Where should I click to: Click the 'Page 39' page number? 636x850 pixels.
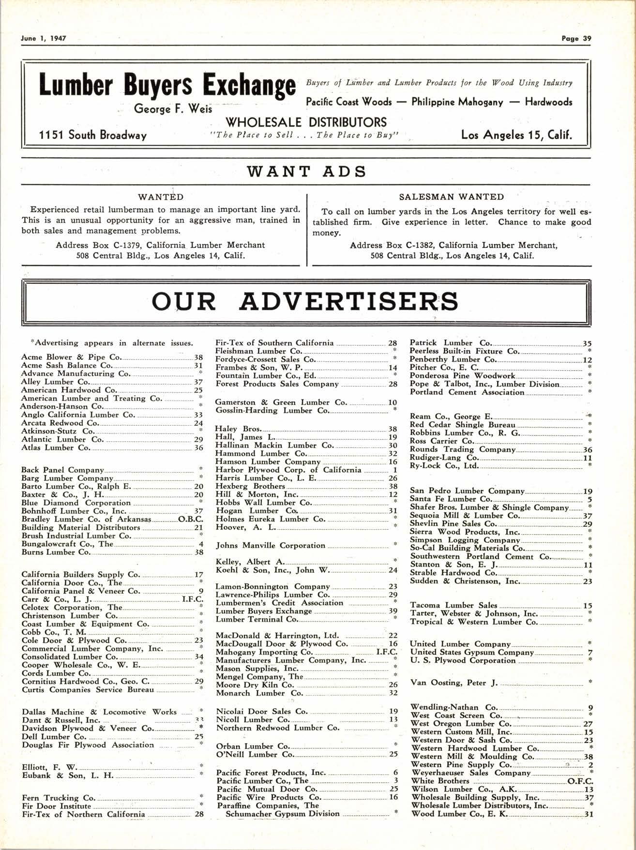[x=576, y=39]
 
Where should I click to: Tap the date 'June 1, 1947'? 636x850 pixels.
[x=44, y=39]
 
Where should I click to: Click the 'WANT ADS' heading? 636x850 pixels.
[x=306, y=171]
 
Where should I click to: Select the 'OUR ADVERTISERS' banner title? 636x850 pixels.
[x=305, y=301]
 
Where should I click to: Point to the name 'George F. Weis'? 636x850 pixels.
[x=173, y=109]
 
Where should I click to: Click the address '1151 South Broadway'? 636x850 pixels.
[x=93, y=135]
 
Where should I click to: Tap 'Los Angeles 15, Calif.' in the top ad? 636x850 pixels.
[x=516, y=135]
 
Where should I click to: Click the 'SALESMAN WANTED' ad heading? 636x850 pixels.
[x=451, y=197]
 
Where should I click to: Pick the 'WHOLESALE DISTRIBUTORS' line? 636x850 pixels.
[x=306, y=122]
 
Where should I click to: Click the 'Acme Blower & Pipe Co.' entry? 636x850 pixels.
[x=71, y=357]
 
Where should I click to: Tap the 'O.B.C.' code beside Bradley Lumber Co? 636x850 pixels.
[x=191, y=519]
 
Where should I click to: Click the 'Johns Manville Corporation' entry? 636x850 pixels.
[x=271, y=545]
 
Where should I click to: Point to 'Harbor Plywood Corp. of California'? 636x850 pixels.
[x=288, y=470]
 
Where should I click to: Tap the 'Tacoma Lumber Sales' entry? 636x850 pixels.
[x=454, y=605]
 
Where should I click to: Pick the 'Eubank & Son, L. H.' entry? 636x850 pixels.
[x=68, y=775]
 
